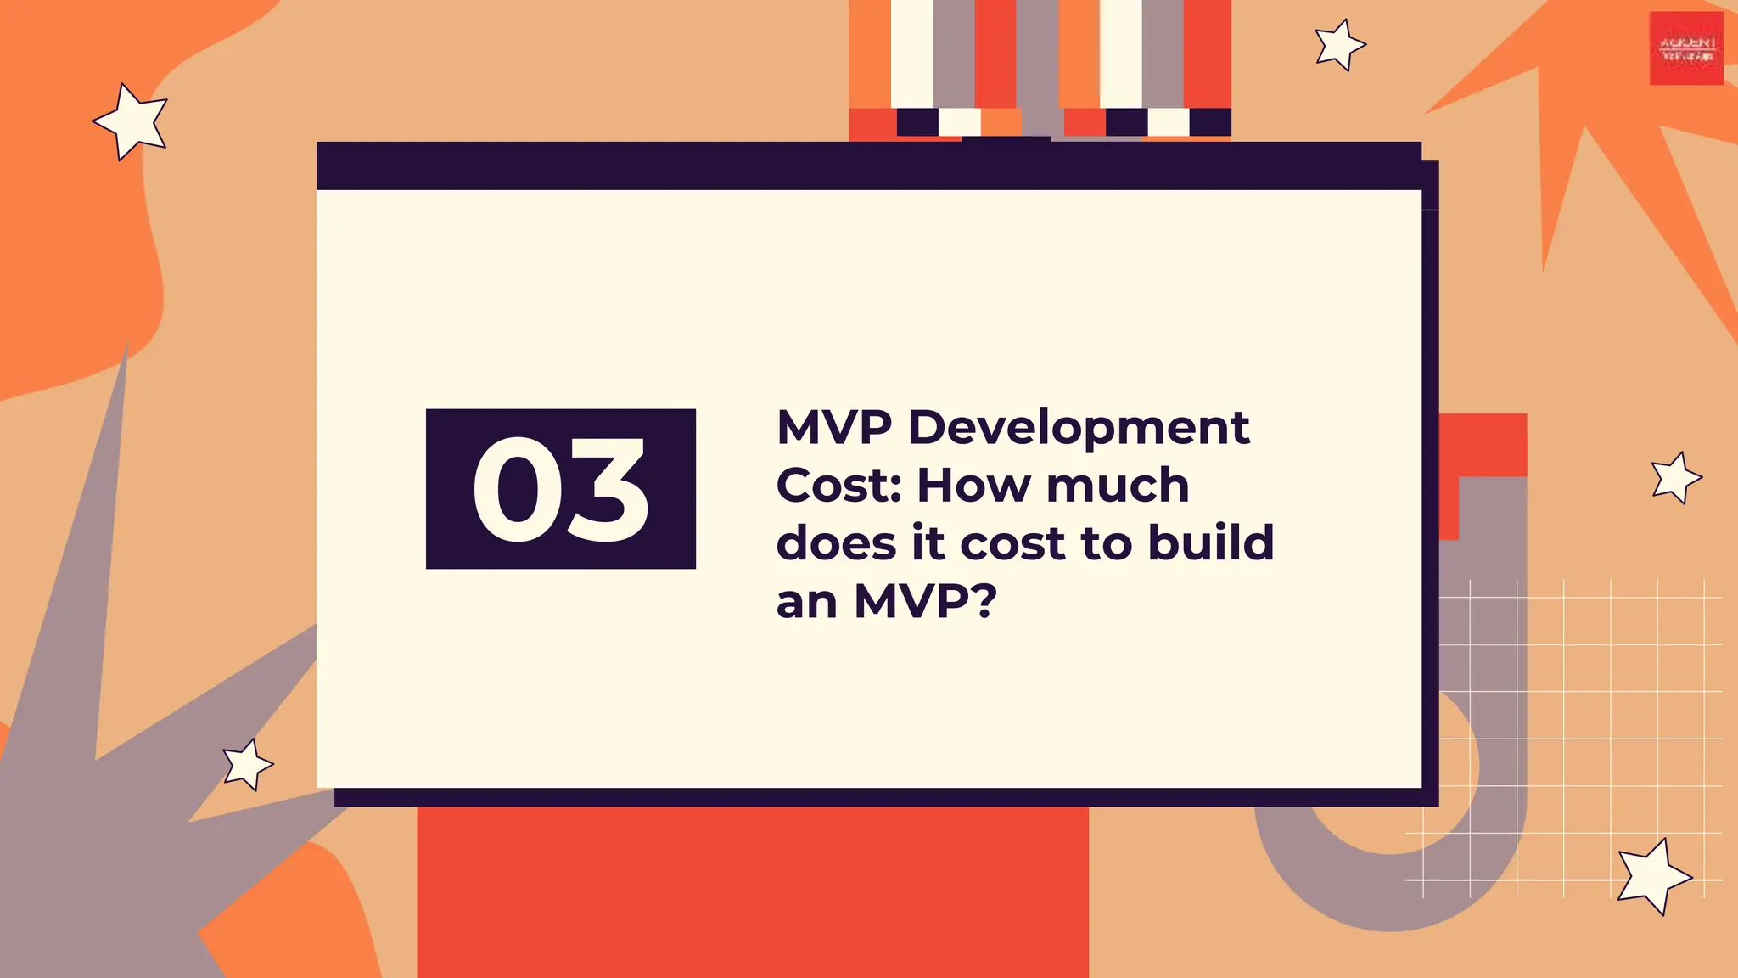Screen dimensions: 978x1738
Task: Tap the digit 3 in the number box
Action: pos(606,490)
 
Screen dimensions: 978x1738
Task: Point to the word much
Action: pos(1118,485)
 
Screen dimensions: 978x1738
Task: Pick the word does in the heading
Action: pos(836,542)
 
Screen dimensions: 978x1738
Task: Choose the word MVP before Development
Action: pos(834,427)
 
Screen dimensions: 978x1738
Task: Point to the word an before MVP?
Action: pos(806,602)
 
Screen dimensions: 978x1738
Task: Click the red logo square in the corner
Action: pos(1685,48)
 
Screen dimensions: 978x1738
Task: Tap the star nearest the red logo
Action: pos(1338,44)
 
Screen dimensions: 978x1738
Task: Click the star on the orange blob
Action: pos(132,121)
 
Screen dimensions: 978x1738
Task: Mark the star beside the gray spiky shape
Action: pos(247,764)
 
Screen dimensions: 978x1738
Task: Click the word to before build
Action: pos(1107,543)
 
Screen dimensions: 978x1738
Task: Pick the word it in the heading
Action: pos(928,542)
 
